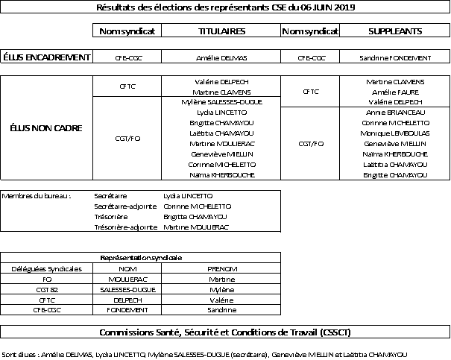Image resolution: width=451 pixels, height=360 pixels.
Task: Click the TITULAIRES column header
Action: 221,31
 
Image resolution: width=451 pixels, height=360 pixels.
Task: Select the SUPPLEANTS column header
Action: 396,31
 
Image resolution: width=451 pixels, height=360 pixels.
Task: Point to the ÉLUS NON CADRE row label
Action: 46,127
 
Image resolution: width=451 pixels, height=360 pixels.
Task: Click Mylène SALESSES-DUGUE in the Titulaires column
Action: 221,101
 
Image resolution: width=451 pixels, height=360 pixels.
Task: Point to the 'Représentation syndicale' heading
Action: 141,257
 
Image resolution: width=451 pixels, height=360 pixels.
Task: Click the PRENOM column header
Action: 221,268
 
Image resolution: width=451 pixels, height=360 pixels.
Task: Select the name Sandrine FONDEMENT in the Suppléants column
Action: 396,57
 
